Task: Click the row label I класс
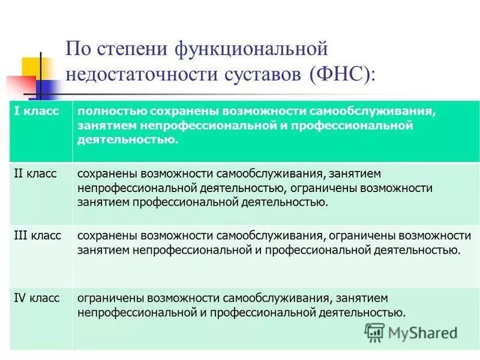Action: (x=37, y=112)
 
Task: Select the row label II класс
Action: (x=35, y=173)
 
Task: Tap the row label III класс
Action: (x=37, y=236)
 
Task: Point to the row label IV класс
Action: (x=37, y=298)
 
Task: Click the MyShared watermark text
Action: (x=422, y=332)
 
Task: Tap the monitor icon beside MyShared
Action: (x=375, y=332)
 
